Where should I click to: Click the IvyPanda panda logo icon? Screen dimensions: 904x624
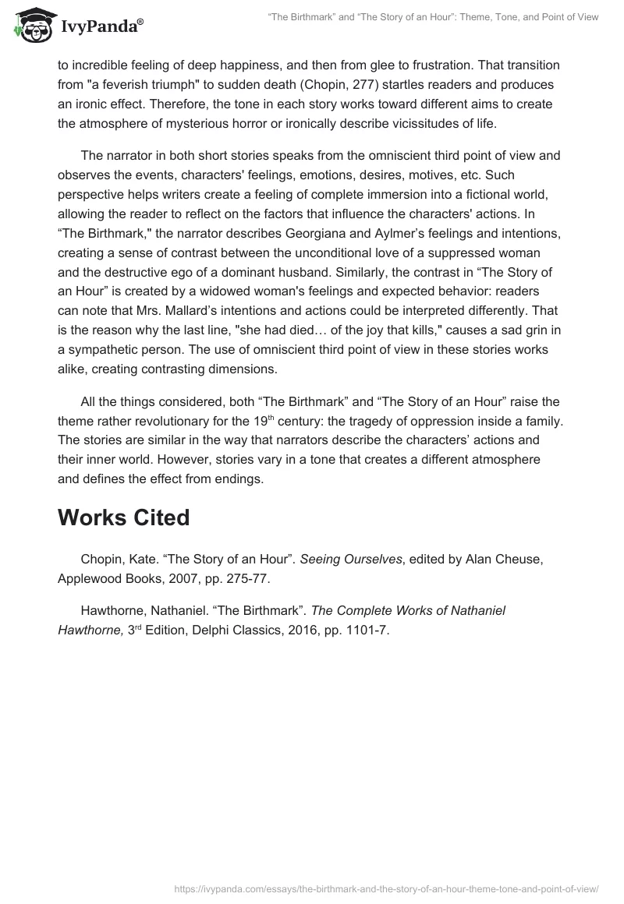pyautogui.click(x=32, y=26)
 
